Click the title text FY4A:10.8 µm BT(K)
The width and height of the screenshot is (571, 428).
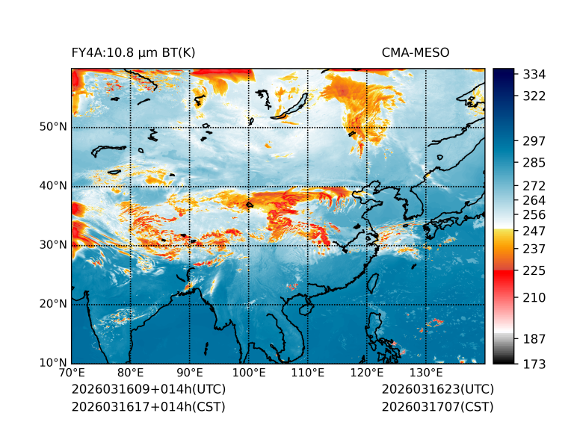pos(134,52)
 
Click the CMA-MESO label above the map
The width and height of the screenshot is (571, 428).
pos(415,52)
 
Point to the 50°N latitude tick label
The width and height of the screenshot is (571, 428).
pos(53,127)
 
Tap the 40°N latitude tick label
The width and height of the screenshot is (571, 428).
pos(53,186)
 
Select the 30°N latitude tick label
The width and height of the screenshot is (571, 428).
pos(53,245)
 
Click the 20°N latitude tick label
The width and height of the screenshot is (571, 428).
pos(53,304)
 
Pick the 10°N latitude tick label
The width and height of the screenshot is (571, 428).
pos(53,363)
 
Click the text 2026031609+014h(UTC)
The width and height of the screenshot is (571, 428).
pos(148,390)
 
